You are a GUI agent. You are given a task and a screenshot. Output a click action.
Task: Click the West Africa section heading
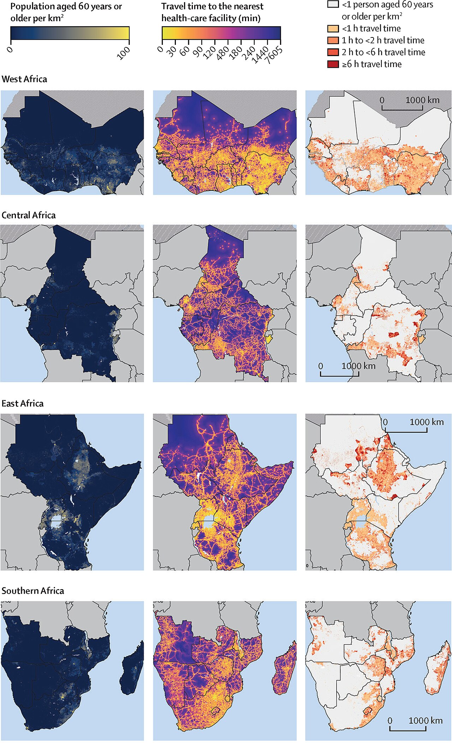pos(24,79)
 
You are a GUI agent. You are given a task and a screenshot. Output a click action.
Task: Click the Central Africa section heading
pos(29,215)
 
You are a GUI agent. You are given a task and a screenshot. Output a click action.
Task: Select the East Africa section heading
pos(23,403)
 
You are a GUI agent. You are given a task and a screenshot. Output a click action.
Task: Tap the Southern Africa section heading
pos(33,591)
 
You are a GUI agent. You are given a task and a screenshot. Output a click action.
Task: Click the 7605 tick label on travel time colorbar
pos(274,55)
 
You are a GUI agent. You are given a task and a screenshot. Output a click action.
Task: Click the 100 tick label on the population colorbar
pos(124,53)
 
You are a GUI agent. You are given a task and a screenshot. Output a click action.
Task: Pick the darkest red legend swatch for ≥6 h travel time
pos(333,64)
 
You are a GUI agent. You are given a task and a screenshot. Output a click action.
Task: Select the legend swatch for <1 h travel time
pos(333,29)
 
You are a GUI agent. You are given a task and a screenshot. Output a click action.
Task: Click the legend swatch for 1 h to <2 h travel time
pos(333,40)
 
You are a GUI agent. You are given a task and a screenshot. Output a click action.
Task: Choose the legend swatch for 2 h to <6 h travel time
pos(333,52)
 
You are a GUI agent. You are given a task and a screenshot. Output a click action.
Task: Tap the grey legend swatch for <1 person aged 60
pos(333,5)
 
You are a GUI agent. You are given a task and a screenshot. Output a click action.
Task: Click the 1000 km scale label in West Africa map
pos(422,100)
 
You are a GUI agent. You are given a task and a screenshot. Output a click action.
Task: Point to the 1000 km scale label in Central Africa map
pos(358,366)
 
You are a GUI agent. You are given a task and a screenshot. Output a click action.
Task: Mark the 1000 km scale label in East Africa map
pos(427,422)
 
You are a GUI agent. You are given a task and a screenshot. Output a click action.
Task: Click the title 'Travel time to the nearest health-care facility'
pos(212,12)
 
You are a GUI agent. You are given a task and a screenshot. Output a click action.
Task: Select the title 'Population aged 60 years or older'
pos(66,12)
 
